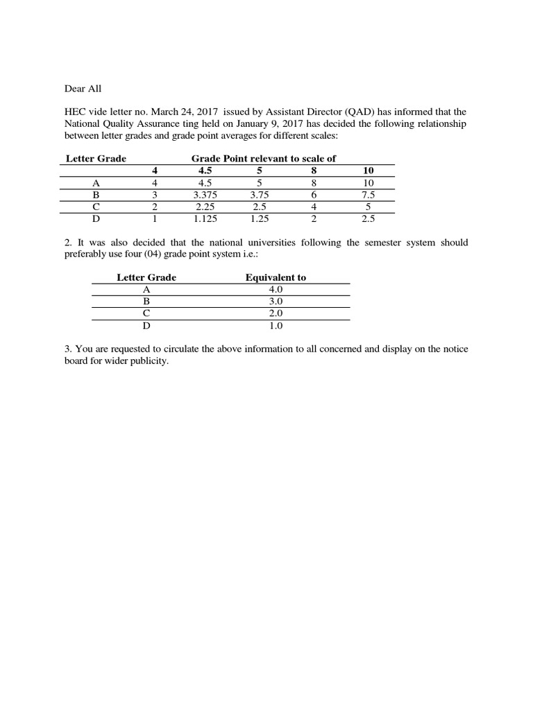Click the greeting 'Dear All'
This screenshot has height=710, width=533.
click(83, 89)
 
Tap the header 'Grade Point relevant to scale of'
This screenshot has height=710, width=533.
click(263, 159)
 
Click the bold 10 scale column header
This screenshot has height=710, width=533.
click(368, 171)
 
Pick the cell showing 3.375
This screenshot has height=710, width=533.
click(206, 195)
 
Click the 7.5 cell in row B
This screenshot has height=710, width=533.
click(368, 195)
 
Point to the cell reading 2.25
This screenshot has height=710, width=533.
click(206, 207)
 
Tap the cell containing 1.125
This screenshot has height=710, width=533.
click(206, 218)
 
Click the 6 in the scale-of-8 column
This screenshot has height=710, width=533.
click(314, 195)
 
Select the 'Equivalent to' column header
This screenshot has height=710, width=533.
click(276, 278)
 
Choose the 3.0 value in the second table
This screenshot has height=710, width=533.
click(276, 302)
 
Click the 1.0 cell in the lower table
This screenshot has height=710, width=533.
click(276, 325)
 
